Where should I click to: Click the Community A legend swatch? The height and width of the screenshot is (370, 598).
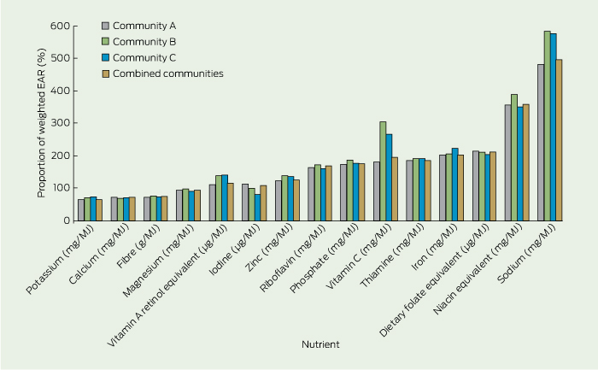(x=104, y=24)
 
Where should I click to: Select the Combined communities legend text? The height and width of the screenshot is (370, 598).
(x=169, y=73)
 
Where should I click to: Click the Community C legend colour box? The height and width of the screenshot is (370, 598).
(x=104, y=57)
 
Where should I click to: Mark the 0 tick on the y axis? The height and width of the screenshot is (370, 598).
(x=63, y=220)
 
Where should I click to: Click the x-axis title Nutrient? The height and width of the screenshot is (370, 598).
(x=320, y=344)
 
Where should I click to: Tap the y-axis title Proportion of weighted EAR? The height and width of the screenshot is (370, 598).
(x=40, y=123)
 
